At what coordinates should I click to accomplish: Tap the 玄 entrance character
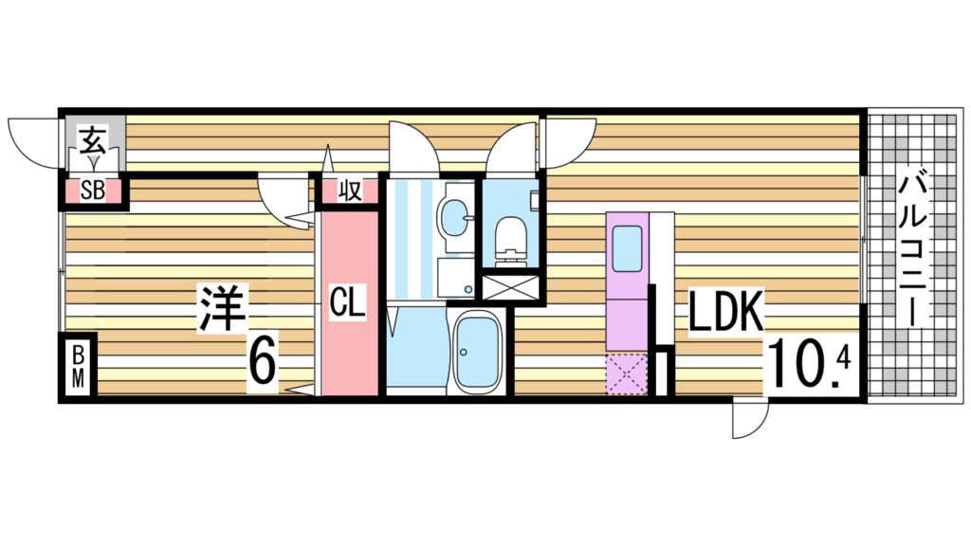pyautogui.click(x=92, y=140)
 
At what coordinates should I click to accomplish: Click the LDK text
pyautogui.click(x=725, y=314)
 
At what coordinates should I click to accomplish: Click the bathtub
pyautogui.click(x=477, y=352)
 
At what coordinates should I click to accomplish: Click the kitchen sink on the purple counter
pyautogui.click(x=627, y=247)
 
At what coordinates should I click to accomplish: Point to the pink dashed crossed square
pyautogui.click(x=627, y=373)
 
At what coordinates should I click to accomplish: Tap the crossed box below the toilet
pyautogui.click(x=510, y=286)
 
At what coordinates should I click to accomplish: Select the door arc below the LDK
pyautogui.click(x=750, y=419)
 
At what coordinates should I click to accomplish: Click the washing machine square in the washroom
pyautogui.click(x=454, y=277)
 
